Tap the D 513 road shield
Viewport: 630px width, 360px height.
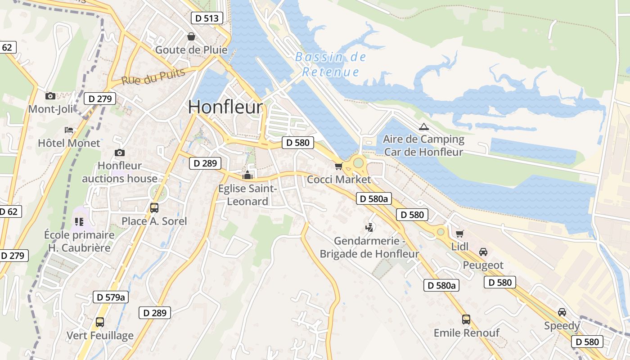pyautogui.click(x=207, y=18)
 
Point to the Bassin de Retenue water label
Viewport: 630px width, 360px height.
pyautogui.click(x=331, y=64)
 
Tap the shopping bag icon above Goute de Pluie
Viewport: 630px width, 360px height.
pyautogui.click(x=191, y=36)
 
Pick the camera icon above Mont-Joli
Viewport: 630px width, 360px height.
pyautogui.click(x=50, y=96)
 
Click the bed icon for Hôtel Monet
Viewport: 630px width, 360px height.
pyautogui.click(x=69, y=130)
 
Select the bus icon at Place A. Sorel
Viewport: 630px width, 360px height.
pyautogui.click(x=154, y=207)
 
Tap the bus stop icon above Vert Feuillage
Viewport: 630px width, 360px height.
pyautogui.click(x=100, y=322)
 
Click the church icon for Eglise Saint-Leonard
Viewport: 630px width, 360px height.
pyautogui.click(x=247, y=175)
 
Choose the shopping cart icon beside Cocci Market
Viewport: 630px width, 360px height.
pyautogui.click(x=339, y=166)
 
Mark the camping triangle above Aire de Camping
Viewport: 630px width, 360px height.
pyautogui.click(x=423, y=126)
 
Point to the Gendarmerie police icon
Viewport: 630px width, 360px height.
pyautogui.click(x=369, y=227)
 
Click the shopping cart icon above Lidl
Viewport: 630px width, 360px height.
pyautogui.click(x=459, y=234)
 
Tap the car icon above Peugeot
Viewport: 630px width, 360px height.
pyautogui.click(x=483, y=252)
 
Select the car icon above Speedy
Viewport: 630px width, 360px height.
pyautogui.click(x=562, y=312)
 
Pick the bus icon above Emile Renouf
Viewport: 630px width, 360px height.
pyautogui.click(x=466, y=319)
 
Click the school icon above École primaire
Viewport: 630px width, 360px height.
pyautogui.click(x=79, y=221)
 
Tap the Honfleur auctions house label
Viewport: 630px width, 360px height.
pyautogui.click(x=120, y=172)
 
